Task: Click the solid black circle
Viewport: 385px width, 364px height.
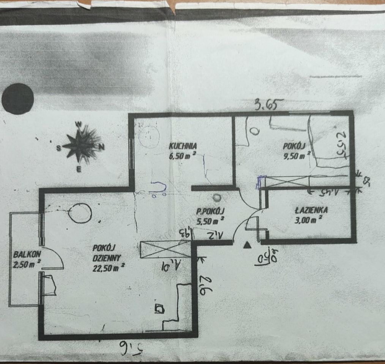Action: pos(18,99)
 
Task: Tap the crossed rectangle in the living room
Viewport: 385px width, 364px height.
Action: pos(165,250)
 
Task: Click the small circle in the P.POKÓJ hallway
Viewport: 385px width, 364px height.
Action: pos(217,198)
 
